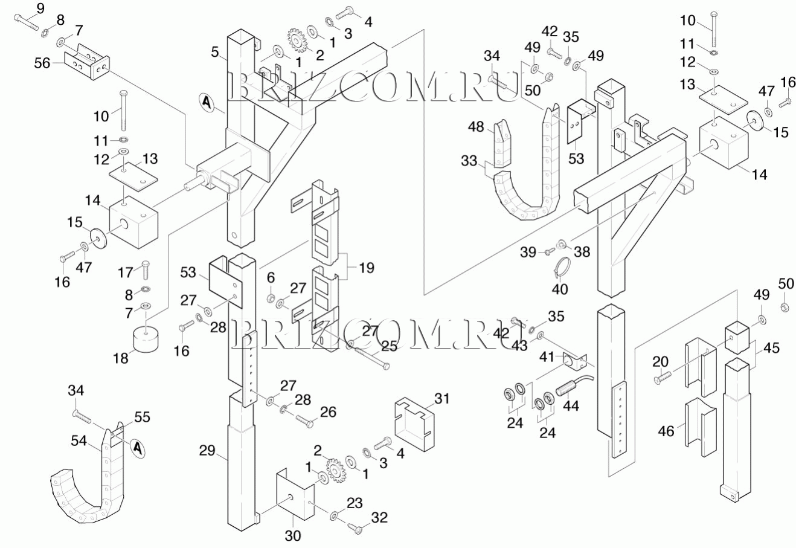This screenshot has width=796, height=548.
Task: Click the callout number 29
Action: click(x=207, y=450)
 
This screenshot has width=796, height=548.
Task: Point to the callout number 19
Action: click(x=366, y=266)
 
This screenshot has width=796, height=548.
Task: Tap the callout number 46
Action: click(x=666, y=431)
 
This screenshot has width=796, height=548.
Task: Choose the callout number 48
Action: click(x=477, y=127)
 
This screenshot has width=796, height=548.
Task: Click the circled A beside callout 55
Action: click(x=138, y=448)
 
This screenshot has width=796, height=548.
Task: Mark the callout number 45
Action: click(x=771, y=348)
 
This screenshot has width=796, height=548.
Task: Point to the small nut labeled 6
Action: click(x=272, y=297)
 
